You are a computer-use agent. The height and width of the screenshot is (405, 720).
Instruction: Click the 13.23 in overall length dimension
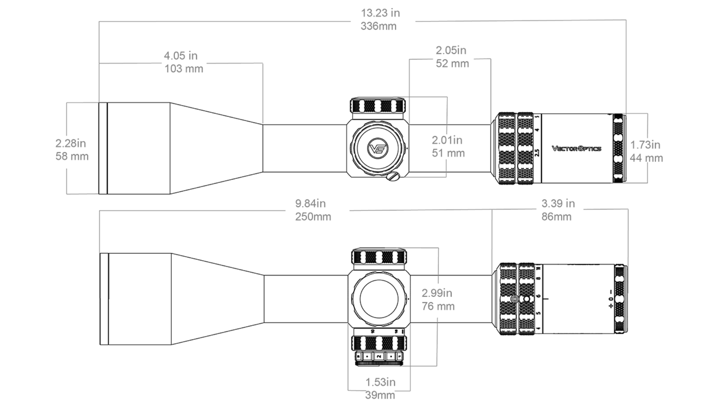tap(380, 13)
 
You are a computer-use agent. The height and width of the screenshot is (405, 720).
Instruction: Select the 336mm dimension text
tap(378, 26)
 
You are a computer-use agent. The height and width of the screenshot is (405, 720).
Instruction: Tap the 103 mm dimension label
tap(184, 69)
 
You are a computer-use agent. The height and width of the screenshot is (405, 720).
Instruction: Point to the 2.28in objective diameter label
tap(70, 143)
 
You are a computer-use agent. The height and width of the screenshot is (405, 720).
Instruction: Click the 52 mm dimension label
tap(452, 64)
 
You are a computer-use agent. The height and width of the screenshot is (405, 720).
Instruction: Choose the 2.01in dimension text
tap(447, 140)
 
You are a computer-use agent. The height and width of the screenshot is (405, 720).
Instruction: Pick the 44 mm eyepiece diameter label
tap(646, 158)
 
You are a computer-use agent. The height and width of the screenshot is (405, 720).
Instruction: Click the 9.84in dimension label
tap(310, 204)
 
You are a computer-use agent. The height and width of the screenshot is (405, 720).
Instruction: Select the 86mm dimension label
tap(556, 217)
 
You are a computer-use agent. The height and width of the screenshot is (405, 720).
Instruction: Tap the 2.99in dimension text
tap(437, 293)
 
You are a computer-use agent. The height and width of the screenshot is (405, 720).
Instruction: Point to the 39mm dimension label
tap(380, 395)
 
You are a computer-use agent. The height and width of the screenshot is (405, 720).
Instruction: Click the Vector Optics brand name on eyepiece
tap(576, 148)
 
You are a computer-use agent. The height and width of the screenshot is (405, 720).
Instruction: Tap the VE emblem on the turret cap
tap(378, 149)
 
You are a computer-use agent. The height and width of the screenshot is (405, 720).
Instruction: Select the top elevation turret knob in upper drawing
tap(378, 105)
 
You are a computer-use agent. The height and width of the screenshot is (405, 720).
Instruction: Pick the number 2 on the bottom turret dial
tap(379, 356)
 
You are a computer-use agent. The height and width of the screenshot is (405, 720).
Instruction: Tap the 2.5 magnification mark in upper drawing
tap(537, 153)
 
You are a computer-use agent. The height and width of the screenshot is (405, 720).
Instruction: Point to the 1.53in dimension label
tap(380, 382)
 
